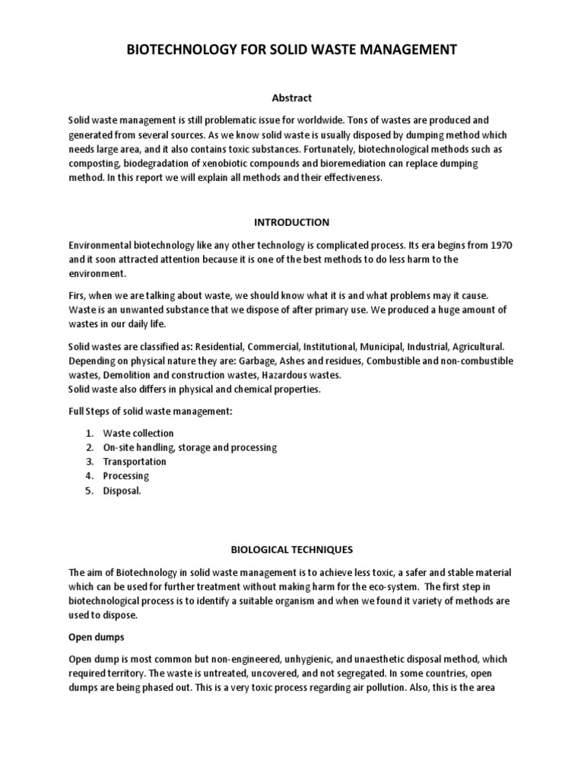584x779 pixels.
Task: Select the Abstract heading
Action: [292, 98]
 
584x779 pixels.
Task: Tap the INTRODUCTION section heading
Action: [292, 223]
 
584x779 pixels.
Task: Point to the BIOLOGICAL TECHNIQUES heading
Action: [292, 548]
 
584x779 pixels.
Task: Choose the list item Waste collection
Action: [138, 433]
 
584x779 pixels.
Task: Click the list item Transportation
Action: [135, 462]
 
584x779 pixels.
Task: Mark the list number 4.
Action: [90, 476]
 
